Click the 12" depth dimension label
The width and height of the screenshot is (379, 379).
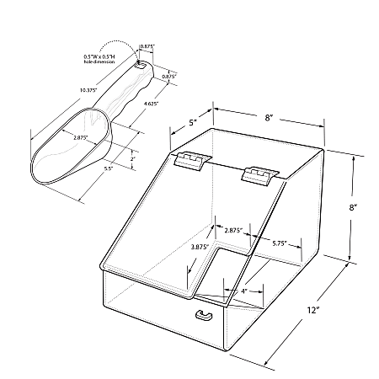313,310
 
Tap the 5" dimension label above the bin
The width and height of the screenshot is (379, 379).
192,123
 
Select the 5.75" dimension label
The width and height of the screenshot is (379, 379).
280,243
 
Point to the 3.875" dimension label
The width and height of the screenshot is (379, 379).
200,247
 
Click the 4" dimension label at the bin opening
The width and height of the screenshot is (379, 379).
243,291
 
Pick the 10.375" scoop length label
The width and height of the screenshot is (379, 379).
88,90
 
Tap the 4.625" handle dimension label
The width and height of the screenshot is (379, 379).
151,104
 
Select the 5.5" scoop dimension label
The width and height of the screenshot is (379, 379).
108,168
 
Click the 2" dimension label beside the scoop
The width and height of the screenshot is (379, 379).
133,158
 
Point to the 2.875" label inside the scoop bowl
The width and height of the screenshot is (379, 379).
81,137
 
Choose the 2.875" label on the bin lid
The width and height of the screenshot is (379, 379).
233,231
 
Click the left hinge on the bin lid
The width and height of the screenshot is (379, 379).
192,161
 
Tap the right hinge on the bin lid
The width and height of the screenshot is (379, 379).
259,176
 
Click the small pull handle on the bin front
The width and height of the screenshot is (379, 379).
204,315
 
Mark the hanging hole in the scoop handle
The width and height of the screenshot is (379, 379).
141,66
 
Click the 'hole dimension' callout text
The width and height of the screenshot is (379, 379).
99,61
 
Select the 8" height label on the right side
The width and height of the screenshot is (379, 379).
353,207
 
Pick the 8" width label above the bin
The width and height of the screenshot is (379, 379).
269,118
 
